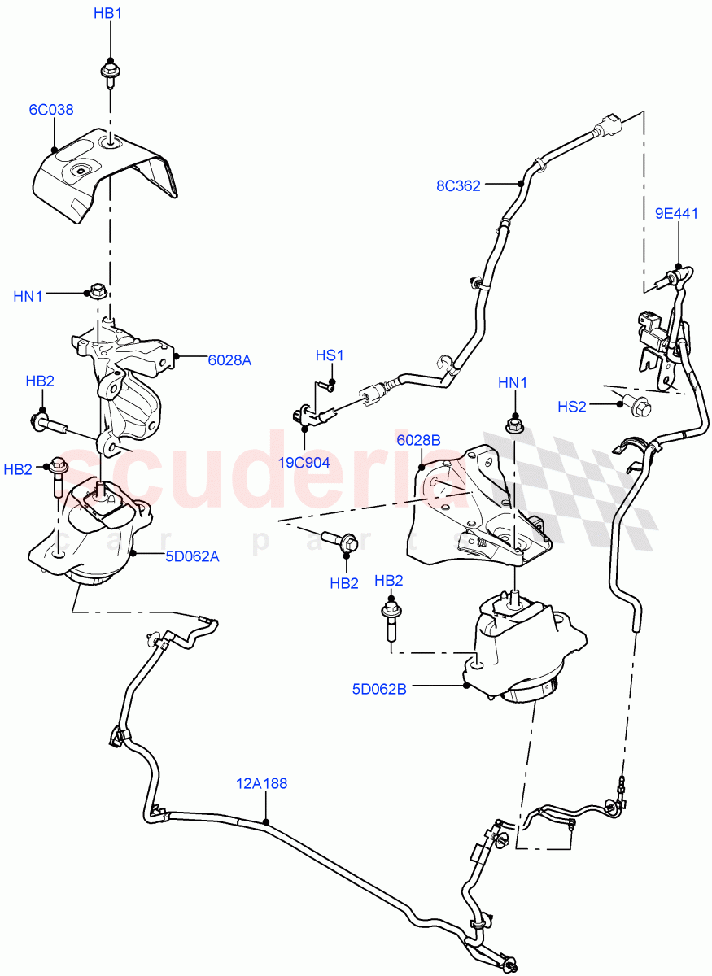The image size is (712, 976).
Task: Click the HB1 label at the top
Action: coord(107,14)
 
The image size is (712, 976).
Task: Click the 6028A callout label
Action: coord(229,359)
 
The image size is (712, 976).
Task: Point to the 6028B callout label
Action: coord(418,440)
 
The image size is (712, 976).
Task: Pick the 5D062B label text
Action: coord(379,688)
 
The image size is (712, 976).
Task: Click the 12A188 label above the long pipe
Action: coord(262,784)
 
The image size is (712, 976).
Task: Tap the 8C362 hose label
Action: coord(458,185)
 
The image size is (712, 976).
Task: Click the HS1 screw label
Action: coord(330,355)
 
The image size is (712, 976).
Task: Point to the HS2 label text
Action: coord(572,407)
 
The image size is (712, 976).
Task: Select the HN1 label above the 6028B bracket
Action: coord(513,382)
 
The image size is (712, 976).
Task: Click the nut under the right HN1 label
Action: coord(514,423)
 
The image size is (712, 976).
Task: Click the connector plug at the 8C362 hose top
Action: coord(608,127)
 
